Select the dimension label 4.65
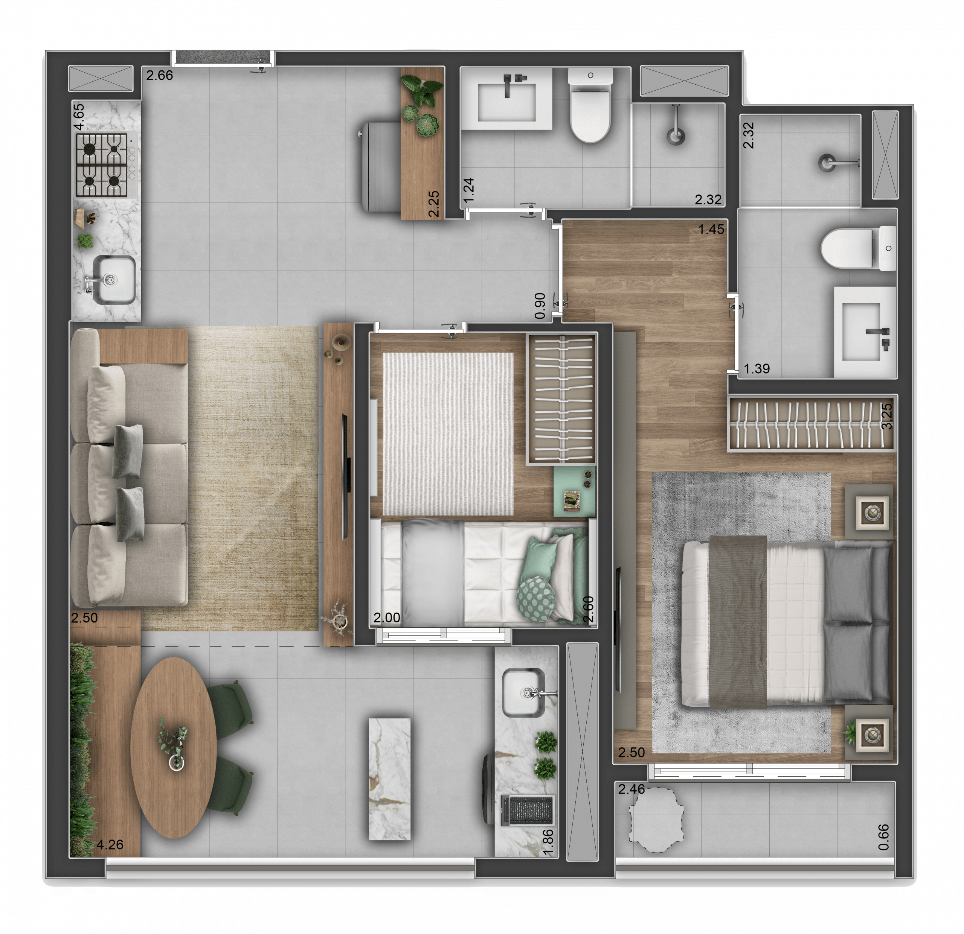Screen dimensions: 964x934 click(x=79, y=117)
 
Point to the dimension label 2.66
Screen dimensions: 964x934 click(x=159, y=75)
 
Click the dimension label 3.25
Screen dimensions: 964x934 click(x=887, y=416)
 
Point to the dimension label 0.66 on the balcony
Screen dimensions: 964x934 click(x=883, y=837)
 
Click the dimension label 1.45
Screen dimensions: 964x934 click(x=711, y=229)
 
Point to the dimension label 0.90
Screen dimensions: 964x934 click(x=540, y=306)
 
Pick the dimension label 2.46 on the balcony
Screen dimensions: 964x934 click(x=631, y=789)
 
